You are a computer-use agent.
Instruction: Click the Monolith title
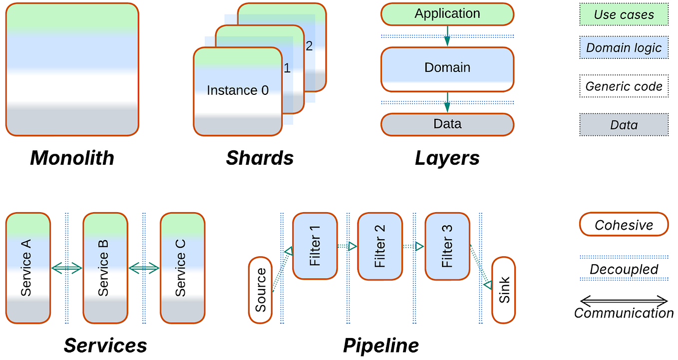tap(72, 158)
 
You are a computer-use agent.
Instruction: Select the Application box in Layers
tap(447, 14)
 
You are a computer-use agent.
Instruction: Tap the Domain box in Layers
tap(447, 69)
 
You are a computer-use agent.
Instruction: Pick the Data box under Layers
tap(447, 124)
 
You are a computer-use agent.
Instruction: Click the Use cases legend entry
tap(624, 15)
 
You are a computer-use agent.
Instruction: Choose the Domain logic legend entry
tap(624, 47)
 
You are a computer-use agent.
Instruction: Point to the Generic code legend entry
tap(624, 86)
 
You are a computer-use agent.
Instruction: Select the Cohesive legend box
tap(624, 225)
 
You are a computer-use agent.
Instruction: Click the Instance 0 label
tap(238, 90)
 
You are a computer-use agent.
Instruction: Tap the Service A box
tap(28, 268)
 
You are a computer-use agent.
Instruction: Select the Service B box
tap(105, 268)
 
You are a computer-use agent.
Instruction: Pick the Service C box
tap(182, 268)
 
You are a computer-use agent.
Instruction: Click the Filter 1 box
tap(315, 245)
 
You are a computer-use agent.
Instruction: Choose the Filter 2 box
tap(379, 245)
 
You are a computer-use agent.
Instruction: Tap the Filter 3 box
tap(447, 245)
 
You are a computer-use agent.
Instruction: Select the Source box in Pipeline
tap(260, 290)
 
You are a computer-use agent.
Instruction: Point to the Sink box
tap(503, 290)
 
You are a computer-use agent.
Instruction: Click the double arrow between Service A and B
tap(66, 269)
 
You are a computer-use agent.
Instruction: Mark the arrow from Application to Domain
tap(447, 35)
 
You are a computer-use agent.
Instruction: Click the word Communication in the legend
tap(624, 313)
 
